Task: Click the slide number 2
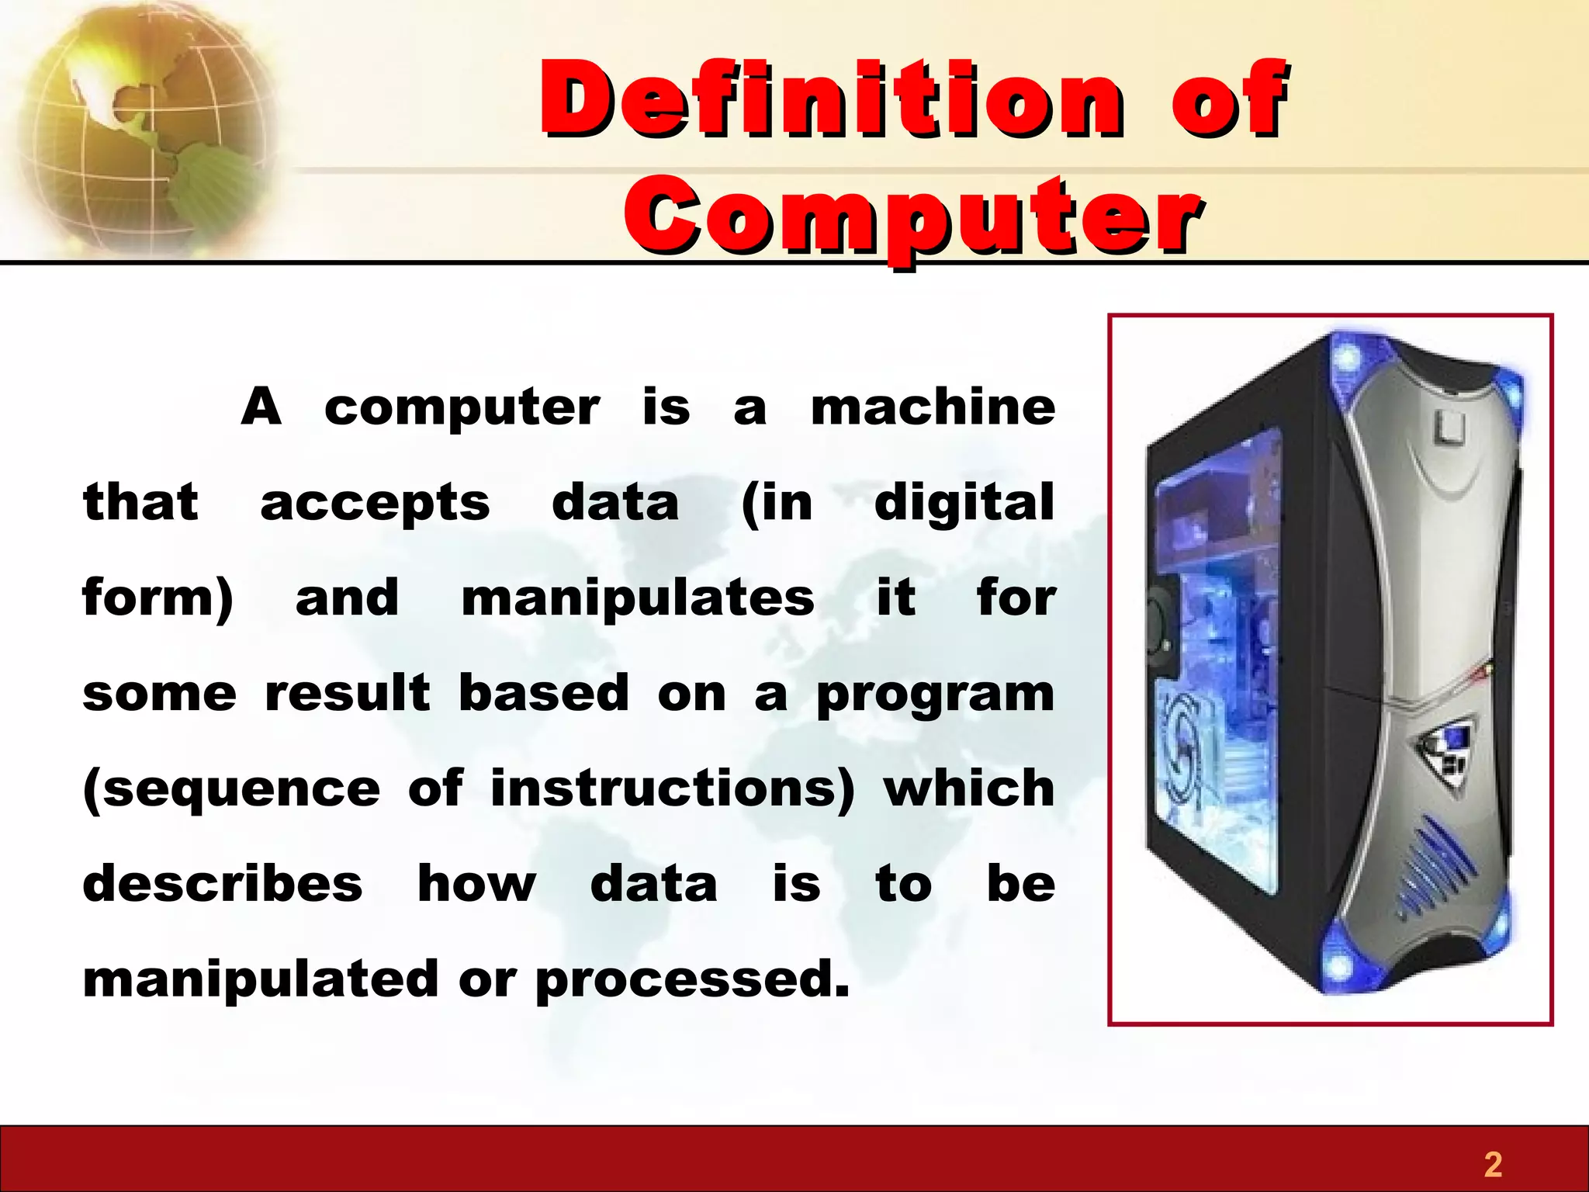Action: [1493, 1164]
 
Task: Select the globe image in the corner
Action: [144, 128]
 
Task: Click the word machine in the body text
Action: [933, 407]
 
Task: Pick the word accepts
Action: [375, 503]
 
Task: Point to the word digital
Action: [964, 503]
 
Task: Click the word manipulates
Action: [638, 599]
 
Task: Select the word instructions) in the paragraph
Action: [672, 789]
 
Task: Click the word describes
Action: [223, 884]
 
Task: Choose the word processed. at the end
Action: [692, 980]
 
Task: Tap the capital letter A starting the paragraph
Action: [261, 407]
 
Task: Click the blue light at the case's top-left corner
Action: [1348, 359]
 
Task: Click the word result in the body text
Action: [347, 693]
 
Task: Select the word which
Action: [969, 789]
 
